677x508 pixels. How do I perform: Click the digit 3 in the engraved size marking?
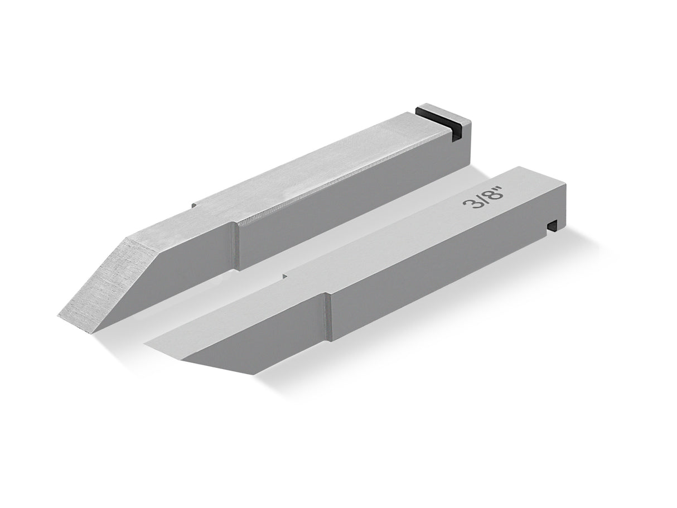[470, 204]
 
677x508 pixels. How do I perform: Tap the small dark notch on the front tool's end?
[553, 225]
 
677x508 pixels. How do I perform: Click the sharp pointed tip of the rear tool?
[59, 316]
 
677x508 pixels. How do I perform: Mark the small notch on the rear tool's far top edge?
[195, 205]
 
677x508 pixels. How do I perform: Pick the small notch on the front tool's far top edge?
[285, 275]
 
